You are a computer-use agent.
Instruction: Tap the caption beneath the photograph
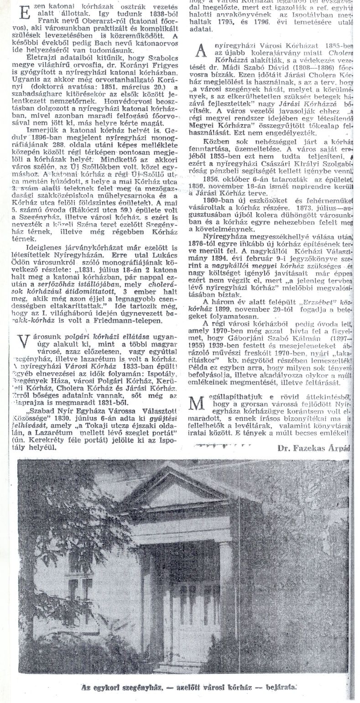coord(182,686)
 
